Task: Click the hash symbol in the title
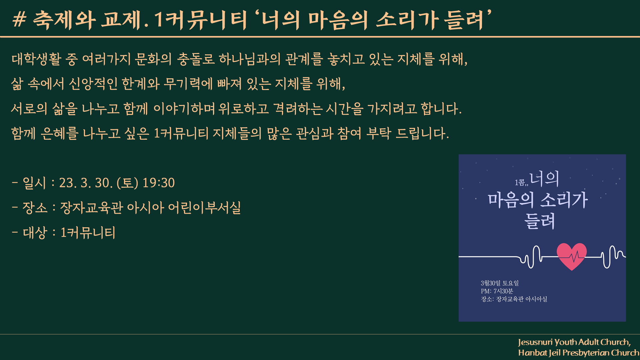(19, 19)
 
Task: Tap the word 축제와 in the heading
(64, 19)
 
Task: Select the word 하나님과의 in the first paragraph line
(250, 59)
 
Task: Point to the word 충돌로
(196, 59)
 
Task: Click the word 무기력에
(188, 84)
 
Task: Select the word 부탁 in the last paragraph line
(379, 133)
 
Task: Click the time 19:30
(159, 183)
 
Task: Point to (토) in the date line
(127, 183)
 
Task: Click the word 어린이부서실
(204, 208)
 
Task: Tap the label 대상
(35, 233)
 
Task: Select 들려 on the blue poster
(540, 221)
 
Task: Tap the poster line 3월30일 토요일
(500, 283)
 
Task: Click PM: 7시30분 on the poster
(497, 291)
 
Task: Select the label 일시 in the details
(34, 183)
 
